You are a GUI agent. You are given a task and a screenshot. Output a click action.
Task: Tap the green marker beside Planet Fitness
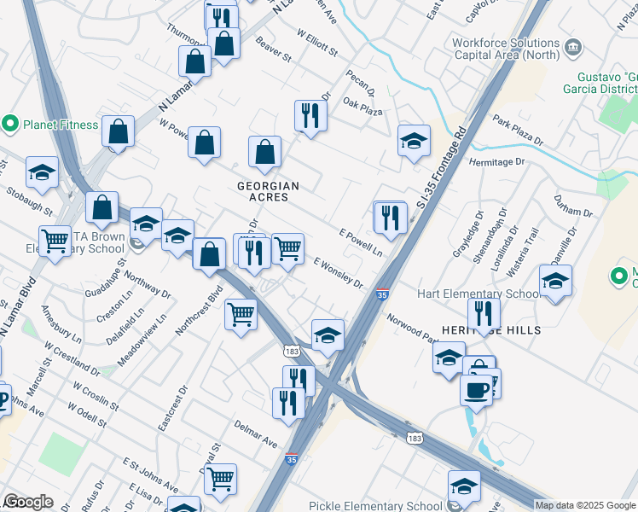pos(11,124)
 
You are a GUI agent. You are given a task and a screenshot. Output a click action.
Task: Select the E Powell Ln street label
pos(360,238)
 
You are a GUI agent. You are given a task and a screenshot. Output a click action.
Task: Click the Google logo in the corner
pos(28,502)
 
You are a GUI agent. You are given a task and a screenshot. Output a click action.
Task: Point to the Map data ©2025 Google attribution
pos(585,505)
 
